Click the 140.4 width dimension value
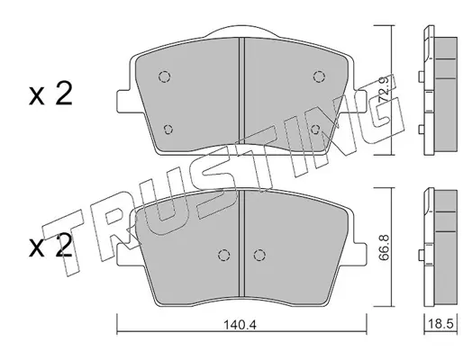(x=240, y=325)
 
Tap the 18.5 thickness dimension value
(x=440, y=325)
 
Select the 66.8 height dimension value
(x=384, y=247)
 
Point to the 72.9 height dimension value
(x=384, y=89)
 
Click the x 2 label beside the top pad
(x=50, y=94)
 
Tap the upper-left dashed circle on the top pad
(x=165, y=76)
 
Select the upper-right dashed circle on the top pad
(x=319, y=76)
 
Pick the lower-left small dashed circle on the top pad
(x=168, y=130)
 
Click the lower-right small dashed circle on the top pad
(x=315, y=130)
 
